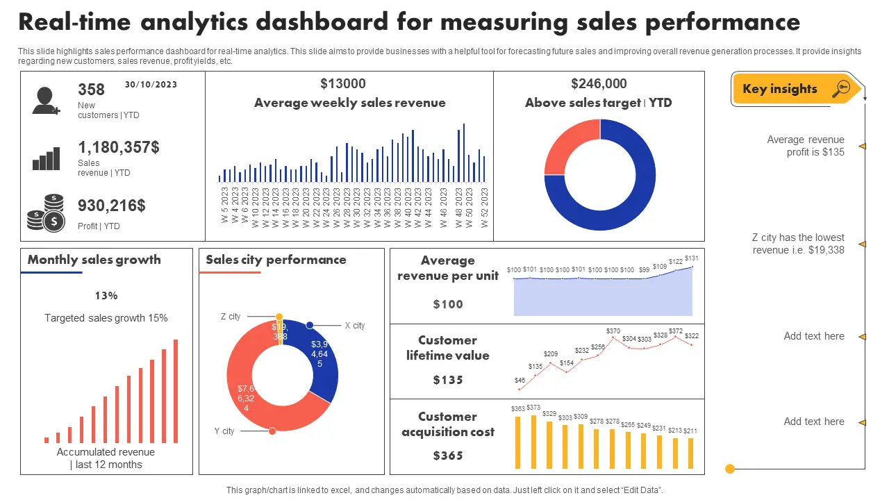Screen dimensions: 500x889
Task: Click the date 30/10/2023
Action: [151, 85]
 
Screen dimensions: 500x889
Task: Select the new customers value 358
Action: [92, 90]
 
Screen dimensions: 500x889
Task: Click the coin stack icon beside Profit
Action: [46, 213]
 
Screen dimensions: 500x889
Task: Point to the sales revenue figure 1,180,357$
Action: [119, 147]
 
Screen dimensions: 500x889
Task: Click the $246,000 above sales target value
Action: [599, 84]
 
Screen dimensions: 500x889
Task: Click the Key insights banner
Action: [796, 89]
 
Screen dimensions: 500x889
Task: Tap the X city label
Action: [354, 326]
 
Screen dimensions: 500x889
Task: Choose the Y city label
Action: [224, 431]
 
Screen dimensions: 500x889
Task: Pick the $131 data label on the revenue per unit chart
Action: [691, 258]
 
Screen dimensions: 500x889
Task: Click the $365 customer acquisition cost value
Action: [448, 456]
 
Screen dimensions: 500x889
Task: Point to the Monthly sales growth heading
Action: [94, 260]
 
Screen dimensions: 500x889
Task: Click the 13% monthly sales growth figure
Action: [106, 296]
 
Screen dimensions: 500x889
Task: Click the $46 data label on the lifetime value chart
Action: [520, 381]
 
